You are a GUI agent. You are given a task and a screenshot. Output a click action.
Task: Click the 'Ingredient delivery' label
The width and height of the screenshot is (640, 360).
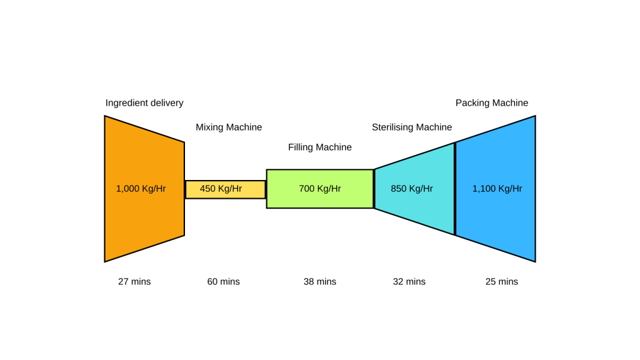click(x=144, y=103)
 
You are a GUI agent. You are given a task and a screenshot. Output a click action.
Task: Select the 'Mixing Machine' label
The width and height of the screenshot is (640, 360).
click(x=229, y=127)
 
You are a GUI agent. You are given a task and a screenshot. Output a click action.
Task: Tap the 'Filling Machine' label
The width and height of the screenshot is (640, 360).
click(x=320, y=147)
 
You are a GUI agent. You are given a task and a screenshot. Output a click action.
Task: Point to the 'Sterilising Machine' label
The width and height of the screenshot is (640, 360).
click(x=412, y=127)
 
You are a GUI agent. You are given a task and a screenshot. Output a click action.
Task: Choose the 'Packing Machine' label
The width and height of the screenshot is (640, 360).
click(x=492, y=103)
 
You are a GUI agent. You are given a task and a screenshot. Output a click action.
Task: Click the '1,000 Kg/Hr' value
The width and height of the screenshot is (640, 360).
click(x=141, y=189)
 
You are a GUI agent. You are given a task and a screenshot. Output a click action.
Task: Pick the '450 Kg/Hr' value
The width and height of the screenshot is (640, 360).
click(x=221, y=189)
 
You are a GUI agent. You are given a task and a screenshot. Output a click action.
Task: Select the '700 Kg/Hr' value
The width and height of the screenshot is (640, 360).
click(x=320, y=189)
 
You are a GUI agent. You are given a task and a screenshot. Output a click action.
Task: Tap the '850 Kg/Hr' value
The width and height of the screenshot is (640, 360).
click(x=412, y=189)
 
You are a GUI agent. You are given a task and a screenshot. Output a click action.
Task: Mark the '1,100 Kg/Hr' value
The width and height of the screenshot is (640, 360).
click(x=497, y=189)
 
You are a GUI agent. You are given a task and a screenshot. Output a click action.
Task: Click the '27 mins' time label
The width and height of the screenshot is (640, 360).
click(x=134, y=282)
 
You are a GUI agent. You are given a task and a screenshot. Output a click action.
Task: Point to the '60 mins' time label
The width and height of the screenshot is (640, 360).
click(x=223, y=282)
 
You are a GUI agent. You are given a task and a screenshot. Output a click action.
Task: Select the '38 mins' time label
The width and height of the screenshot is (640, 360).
click(x=320, y=282)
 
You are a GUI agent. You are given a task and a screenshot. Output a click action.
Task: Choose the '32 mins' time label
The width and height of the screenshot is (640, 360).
click(x=409, y=282)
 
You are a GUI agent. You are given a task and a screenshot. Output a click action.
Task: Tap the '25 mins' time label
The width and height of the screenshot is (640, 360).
click(x=502, y=282)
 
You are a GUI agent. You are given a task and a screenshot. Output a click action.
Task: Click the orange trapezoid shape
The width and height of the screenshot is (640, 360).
click(x=144, y=219)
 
